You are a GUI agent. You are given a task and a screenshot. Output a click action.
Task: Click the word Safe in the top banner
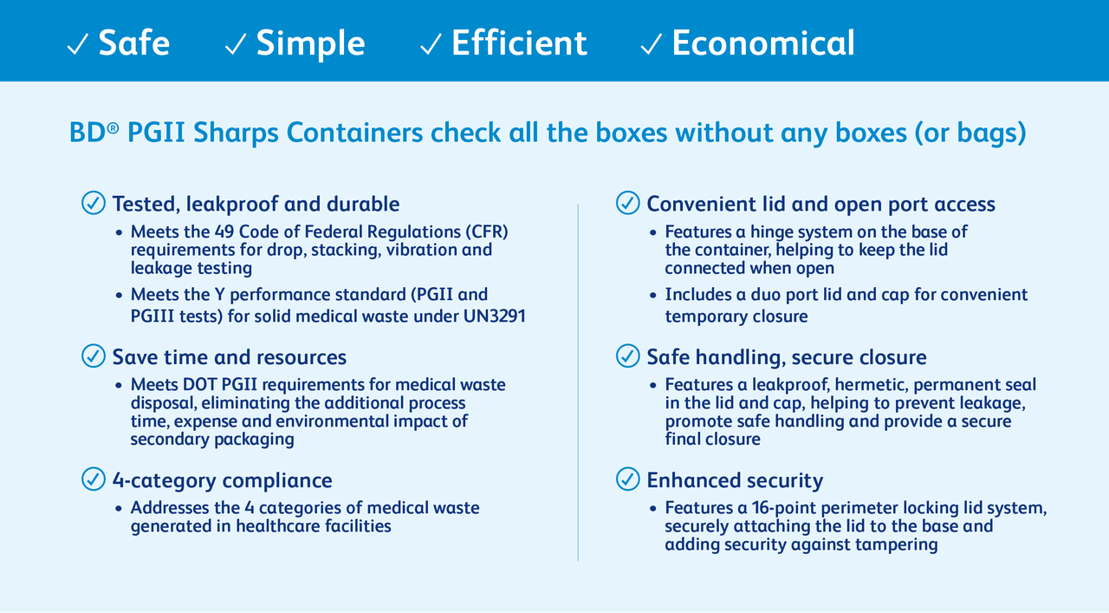pos(134,43)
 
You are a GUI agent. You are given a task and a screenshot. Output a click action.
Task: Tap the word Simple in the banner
pos(310,43)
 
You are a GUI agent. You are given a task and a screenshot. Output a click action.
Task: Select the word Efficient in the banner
pos(519,43)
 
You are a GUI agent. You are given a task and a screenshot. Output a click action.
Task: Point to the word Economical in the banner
pos(763,43)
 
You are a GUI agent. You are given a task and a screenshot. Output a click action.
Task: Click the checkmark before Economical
pos(652,45)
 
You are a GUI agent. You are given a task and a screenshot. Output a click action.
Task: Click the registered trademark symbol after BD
pos(113,128)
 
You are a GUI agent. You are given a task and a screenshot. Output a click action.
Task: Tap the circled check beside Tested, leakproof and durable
pos(94,203)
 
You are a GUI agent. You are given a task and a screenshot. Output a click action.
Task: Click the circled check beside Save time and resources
pos(94,355)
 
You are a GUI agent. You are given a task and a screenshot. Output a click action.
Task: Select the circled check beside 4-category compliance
pos(94,479)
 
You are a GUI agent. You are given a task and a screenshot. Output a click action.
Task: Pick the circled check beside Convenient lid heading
pos(628,203)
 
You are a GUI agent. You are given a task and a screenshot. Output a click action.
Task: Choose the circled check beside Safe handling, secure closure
pos(628,355)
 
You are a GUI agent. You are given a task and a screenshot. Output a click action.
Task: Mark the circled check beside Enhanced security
pos(628,479)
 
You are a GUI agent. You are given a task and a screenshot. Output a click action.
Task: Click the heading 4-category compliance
pos(222,480)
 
